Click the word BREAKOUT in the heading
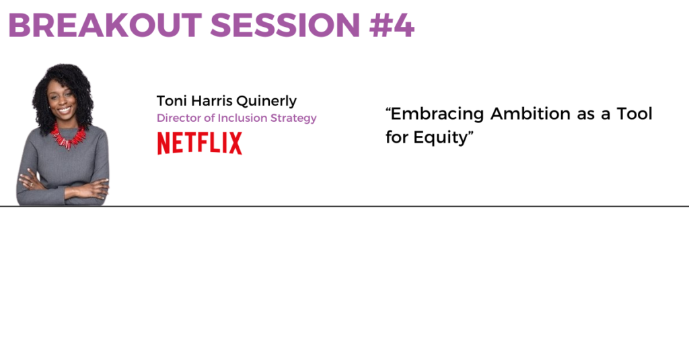point(105,26)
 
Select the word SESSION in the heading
point(285,26)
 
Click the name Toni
point(172,101)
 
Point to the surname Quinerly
point(266,102)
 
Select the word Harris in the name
point(212,101)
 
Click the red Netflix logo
point(199,143)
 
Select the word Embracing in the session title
point(437,114)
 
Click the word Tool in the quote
point(634,114)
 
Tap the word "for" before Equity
point(397,137)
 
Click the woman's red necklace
point(68,137)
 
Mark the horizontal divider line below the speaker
point(344,206)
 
